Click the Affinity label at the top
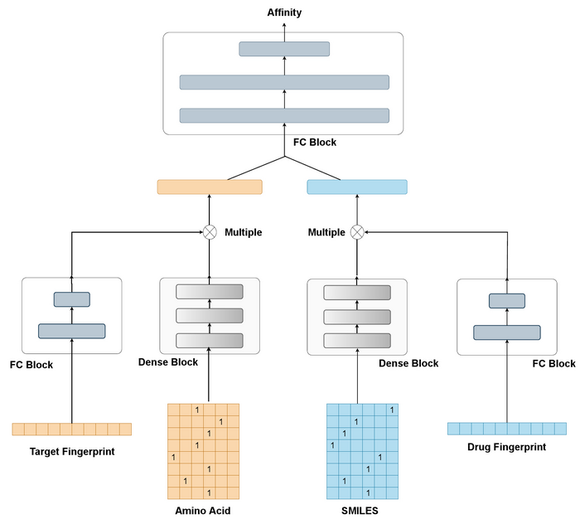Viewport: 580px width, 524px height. (x=284, y=12)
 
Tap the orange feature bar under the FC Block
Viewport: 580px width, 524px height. (x=210, y=187)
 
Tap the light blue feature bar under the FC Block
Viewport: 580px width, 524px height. (x=357, y=187)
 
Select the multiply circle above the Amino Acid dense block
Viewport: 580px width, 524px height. (x=210, y=232)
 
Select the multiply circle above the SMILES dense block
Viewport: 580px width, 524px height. (x=357, y=232)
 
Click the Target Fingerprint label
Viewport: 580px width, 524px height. (x=72, y=452)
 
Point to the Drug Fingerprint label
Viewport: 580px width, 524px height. (x=508, y=447)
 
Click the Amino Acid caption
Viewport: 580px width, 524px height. (x=203, y=511)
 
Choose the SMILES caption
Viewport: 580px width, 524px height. (x=360, y=511)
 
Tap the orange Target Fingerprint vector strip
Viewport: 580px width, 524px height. (x=72, y=429)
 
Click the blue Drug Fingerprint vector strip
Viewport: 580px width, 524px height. (x=507, y=428)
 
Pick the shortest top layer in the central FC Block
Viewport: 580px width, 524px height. (x=284, y=49)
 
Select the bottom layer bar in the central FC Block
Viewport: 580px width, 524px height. (x=284, y=115)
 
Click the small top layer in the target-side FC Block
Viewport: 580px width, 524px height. (x=72, y=299)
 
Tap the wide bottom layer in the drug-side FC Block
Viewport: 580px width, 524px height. (x=507, y=332)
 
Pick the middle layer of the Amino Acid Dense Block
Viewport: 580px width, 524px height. (x=210, y=316)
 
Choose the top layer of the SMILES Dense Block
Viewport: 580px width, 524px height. (x=357, y=292)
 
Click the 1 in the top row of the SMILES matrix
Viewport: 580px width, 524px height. (x=392, y=410)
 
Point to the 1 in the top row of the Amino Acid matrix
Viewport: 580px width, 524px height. (x=197, y=410)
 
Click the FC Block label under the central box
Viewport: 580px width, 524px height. (x=315, y=143)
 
